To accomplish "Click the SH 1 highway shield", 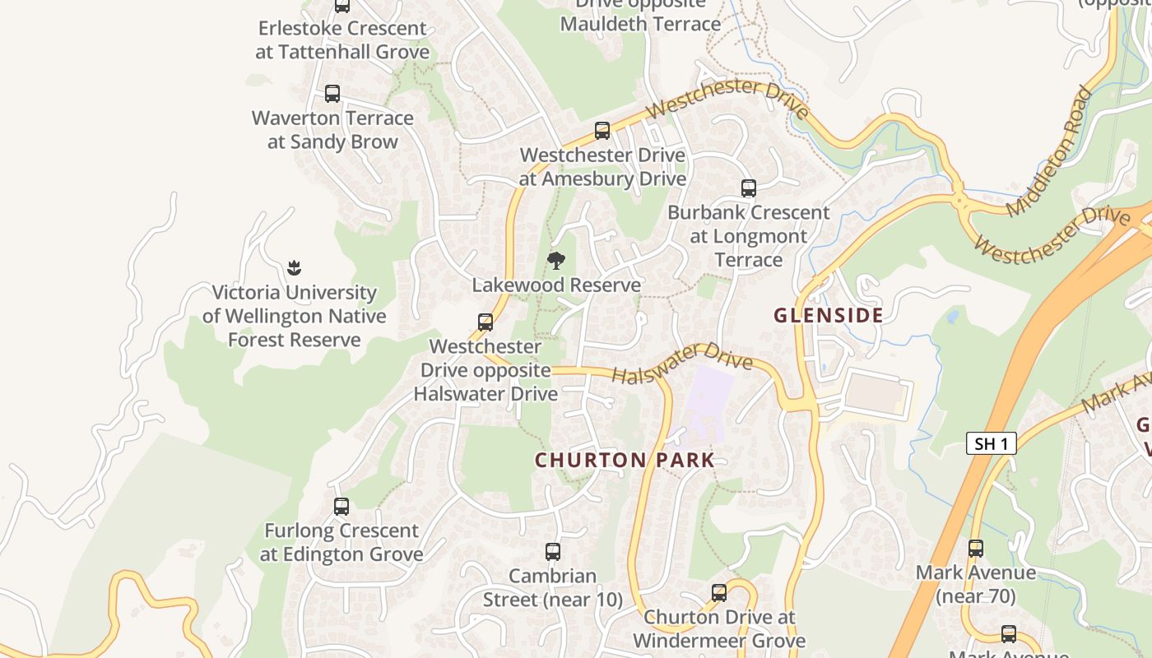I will pyautogui.click(x=991, y=444).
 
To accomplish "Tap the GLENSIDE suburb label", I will pyautogui.click(x=829, y=315).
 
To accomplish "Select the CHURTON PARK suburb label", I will pyautogui.click(x=625, y=460).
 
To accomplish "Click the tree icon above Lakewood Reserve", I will pyautogui.click(x=556, y=261).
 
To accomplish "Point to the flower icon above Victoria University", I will pyautogui.click(x=294, y=267).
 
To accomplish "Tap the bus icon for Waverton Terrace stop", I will pyautogui.click(x=332, y=94).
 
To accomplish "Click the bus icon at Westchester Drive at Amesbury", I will pyautogui.click(x=602, y=131).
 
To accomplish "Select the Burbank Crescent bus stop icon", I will pyautogui.click(x=748, y=188).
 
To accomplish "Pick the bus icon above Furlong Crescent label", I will pyautogui.click(x=341, y=507).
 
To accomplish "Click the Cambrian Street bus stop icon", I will pyautogui.click(x=553, y=552).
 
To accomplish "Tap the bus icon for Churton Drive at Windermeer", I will pyautogui.click(x=719, y=593).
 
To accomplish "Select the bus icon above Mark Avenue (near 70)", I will pyautogui.click(x=975, y=548).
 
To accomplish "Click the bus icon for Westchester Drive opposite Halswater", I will pyautogui.click(x=485, y=322).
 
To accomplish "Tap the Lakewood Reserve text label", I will pyautogui.click(x=556, y=285).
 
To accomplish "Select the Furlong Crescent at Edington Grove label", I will pyautogui.click(x=341, y=542).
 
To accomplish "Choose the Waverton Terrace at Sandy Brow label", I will pyautogui.click(x=332, y=130).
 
